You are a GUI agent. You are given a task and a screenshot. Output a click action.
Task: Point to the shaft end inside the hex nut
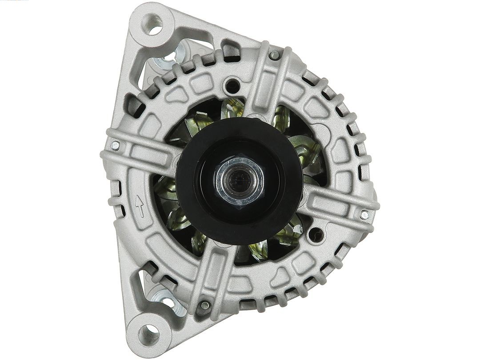(x=239, y=179)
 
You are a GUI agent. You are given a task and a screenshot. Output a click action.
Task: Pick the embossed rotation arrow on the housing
(x=139, y=206)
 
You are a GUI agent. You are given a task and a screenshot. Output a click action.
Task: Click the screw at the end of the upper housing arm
(x=275, y=55)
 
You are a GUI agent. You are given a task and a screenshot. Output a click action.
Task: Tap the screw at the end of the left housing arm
(x=115, y=145)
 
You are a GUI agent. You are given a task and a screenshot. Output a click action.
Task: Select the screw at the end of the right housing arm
(x=365, y=214)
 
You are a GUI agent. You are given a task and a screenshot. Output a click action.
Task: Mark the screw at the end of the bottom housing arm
(x=205, y=305)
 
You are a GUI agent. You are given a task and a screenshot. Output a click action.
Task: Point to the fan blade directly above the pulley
(x=233, y=108)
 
